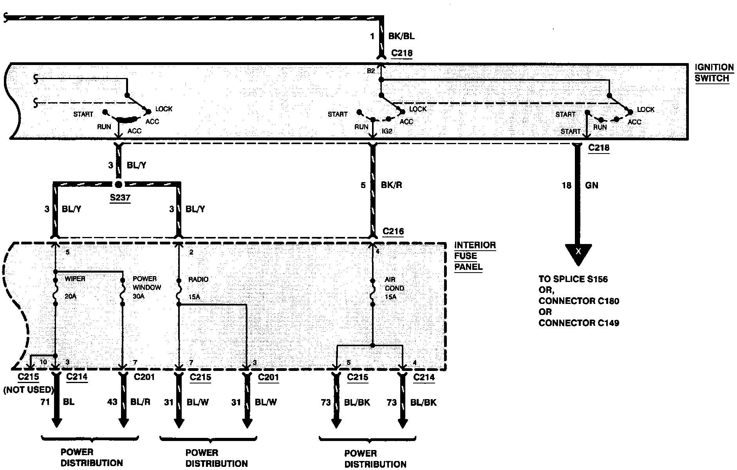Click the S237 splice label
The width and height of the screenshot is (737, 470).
pos(120,198)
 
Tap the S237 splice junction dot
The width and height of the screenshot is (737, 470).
pos(119,184)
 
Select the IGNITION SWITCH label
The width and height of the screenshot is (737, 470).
pos(714,73)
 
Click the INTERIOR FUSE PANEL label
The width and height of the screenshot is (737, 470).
pos(475,256)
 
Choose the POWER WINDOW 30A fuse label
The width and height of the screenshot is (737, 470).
pos(147,287)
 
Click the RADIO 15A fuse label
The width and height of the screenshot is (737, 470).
pos(198,287)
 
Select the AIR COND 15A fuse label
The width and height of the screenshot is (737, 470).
pos(394,288)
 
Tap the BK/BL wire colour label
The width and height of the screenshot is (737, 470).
pos(401,36)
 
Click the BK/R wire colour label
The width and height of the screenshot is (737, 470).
pos(392,185)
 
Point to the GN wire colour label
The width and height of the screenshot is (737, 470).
pos(591,185)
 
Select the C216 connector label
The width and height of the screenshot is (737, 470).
pos(393,231)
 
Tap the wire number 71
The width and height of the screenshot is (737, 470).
pos(45,402)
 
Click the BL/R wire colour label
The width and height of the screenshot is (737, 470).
pos(140,402)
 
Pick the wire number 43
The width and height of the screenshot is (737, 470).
pos(112,402)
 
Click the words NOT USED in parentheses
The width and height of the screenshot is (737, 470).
pos(28,389)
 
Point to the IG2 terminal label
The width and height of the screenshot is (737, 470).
pos(387,132)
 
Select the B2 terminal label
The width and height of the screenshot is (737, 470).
pos(371,71)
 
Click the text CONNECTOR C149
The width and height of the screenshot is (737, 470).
pos(578,323)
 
